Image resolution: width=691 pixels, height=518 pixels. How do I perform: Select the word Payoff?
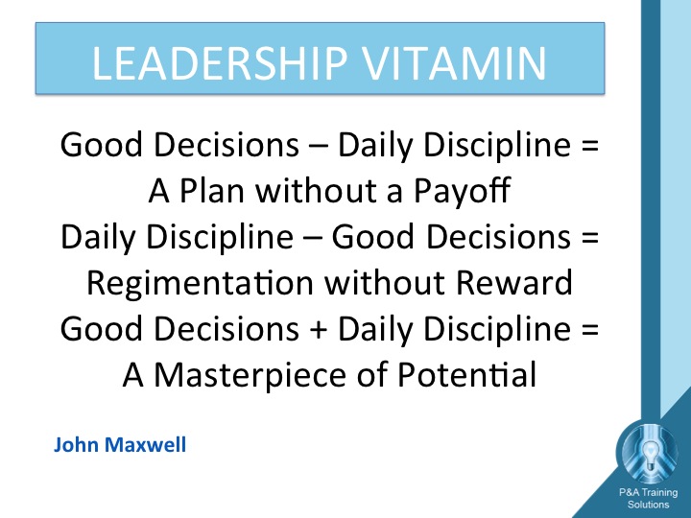click(462, 192)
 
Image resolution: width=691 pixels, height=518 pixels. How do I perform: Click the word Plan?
click(212, 191)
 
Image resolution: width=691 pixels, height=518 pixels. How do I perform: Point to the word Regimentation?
click(200, 283)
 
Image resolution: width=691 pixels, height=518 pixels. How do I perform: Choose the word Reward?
click(514, 282)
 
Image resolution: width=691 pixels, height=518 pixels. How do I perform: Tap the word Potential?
click(466, 374)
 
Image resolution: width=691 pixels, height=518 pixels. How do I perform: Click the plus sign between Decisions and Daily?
click(319, 330)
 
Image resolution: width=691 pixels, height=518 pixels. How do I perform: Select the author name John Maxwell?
click(120, 444)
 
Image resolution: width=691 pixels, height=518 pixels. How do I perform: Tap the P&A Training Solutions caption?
click(648, 498)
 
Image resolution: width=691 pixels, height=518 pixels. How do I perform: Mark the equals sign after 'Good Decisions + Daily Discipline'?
click(590, 330)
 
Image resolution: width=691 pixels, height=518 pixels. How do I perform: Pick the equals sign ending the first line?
click(590, 145)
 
